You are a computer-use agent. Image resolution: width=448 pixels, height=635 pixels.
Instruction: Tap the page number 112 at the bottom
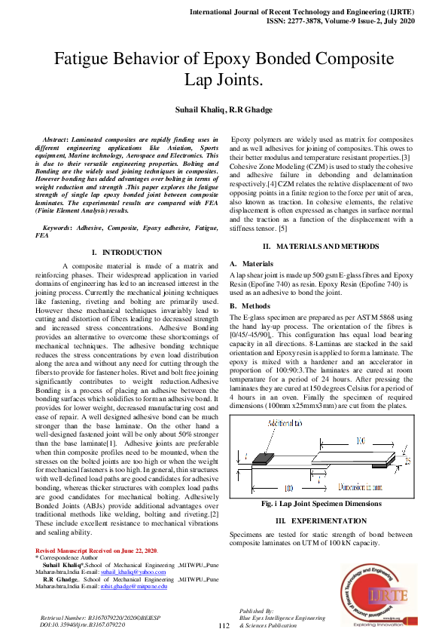point(223,626)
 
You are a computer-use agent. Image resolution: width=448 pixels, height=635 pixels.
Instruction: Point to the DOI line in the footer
point(83,625)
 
